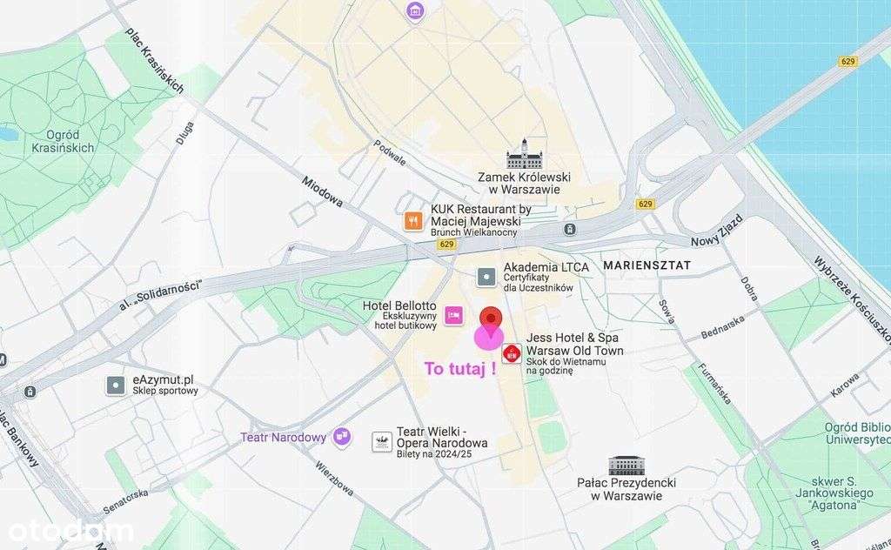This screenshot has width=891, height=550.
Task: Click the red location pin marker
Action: (492, 319)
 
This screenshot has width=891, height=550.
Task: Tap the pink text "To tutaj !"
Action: (460, 368)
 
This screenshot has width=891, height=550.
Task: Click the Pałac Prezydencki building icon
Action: (626, 466)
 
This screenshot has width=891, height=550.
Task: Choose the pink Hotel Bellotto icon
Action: (453, 315)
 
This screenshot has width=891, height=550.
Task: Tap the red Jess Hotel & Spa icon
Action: (512, 354)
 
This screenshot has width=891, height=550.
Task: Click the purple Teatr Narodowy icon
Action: (343, 436)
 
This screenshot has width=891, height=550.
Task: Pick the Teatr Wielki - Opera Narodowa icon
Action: (382, 441)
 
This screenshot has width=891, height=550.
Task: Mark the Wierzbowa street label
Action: (335, 479)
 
